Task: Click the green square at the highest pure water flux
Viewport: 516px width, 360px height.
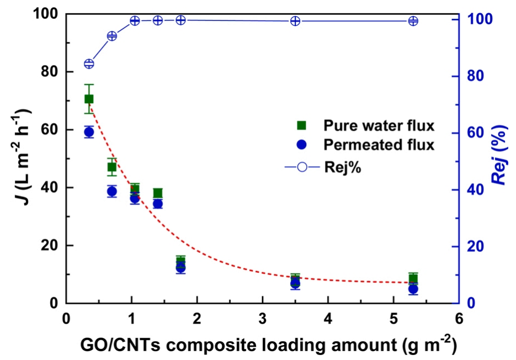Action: pyautogui.click(x=89, y=99)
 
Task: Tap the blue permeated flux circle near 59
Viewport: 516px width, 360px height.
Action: pyautogui.click(x=89, y=132)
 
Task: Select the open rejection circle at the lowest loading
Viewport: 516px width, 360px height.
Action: pyautogui.click(x=89, y=63)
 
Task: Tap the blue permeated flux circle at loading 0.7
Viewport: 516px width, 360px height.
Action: pyautogui.click(x=112, y=192)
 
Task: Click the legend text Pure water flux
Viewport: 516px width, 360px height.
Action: pyautogui.click(x=371, y=125)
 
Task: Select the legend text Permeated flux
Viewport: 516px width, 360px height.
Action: pyautogui.click(x=371, y=145)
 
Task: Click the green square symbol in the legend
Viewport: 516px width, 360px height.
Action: pyautogui.click(x=299, y=125)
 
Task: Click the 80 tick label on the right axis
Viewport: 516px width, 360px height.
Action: pyautogui.click(x=477, y=76)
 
